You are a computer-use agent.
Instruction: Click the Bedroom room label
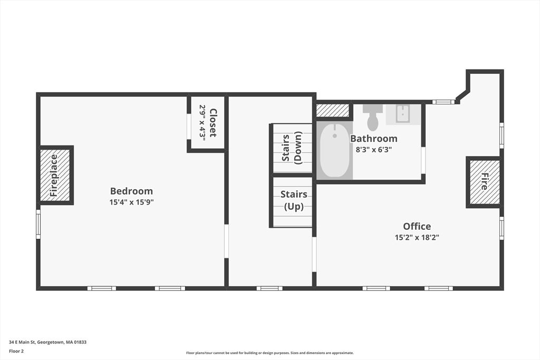tap(131, 191)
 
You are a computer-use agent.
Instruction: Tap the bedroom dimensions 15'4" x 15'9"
tap(131, 202)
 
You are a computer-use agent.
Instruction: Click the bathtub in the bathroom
tap(334, 150)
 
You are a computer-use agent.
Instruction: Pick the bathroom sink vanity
tap(403, 114)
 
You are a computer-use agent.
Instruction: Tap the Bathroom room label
tap(374, 139)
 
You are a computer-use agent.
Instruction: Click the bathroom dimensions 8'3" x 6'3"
tap(374, 149)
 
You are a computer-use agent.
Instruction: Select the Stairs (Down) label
tap(292, 149)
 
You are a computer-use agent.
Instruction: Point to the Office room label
tap(417, 226)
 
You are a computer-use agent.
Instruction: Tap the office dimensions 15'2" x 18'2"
tap(417, 237)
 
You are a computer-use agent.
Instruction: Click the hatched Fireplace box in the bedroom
tap(55, 176)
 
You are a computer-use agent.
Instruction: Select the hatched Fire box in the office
tap(484, 182)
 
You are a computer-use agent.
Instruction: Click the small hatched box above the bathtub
tap(333, 111)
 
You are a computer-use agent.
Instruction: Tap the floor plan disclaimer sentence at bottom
tap(269, 353)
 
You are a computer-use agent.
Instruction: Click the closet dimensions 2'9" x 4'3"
tap(202, 122)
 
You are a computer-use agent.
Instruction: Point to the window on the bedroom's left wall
tap(38, 224)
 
